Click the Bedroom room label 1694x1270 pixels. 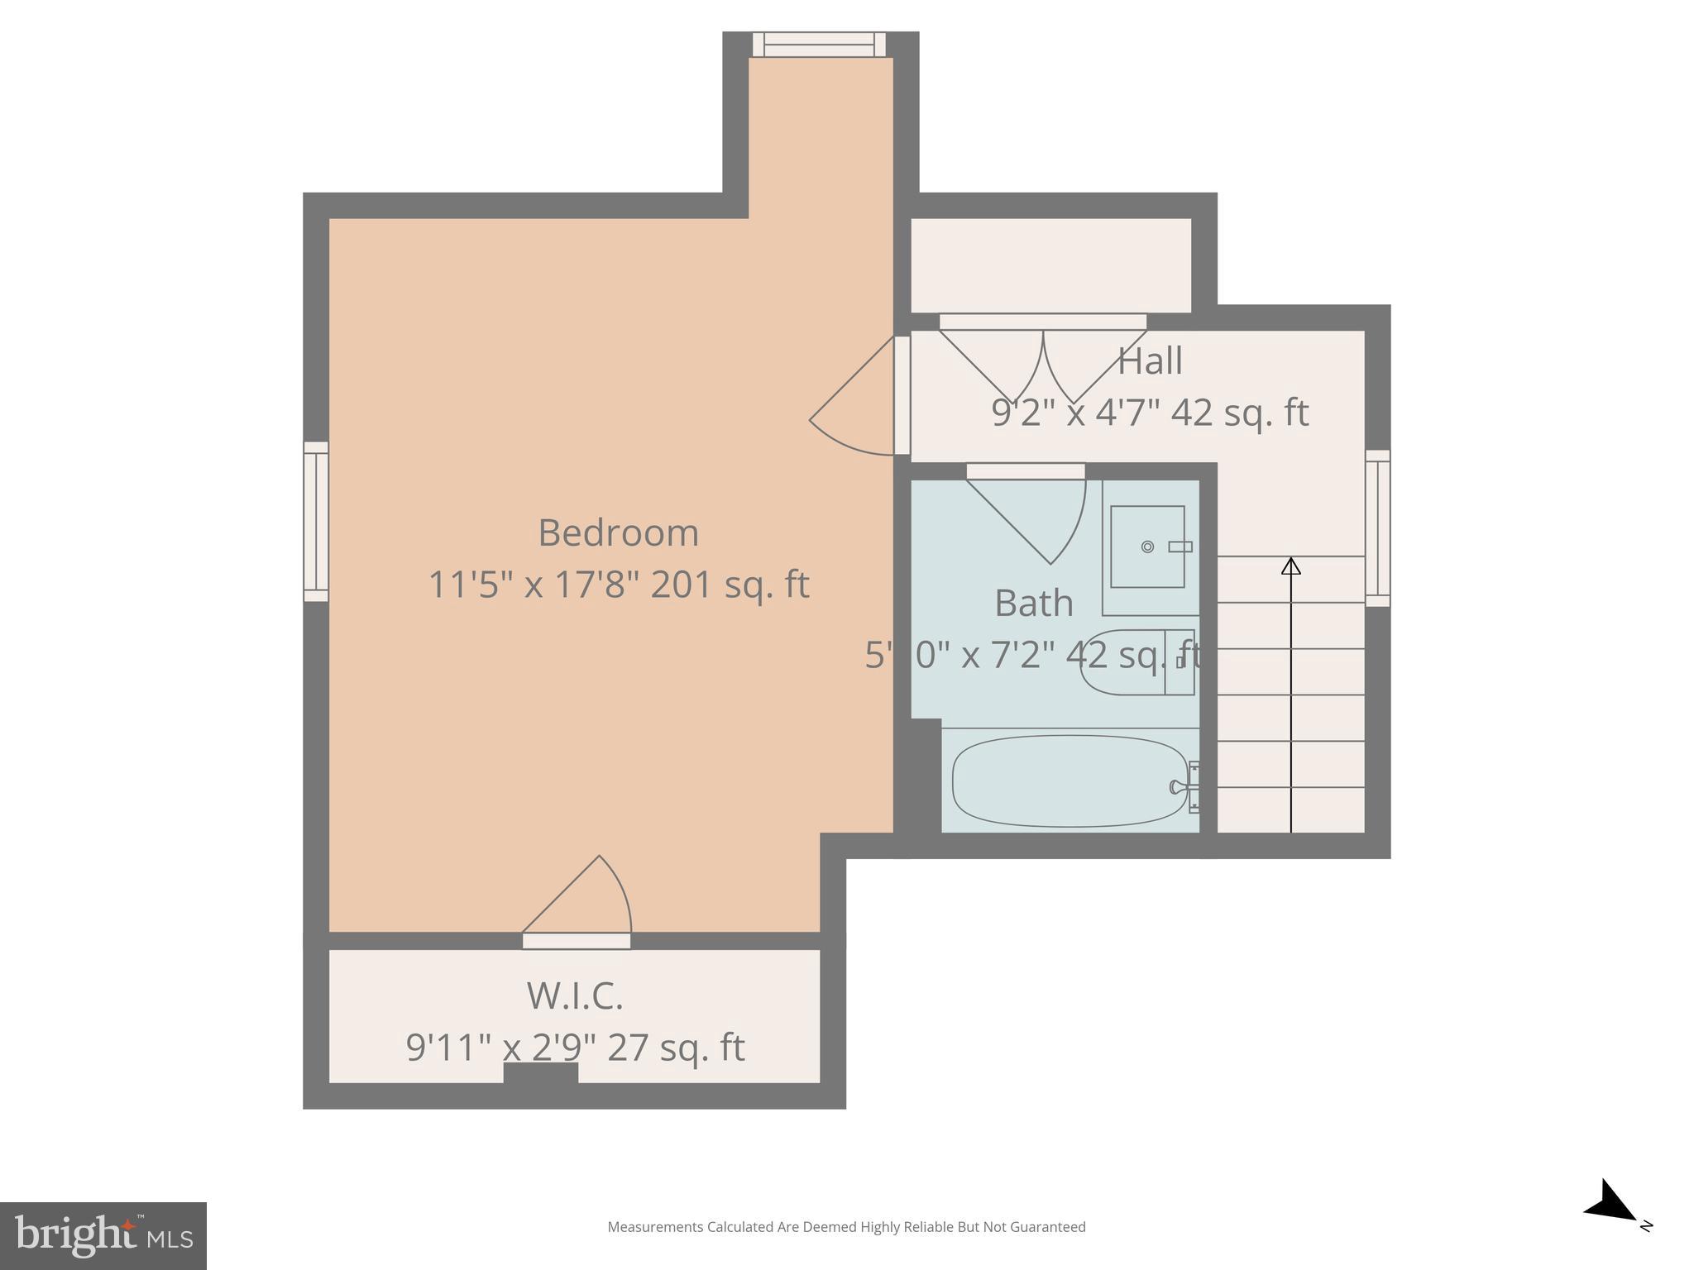coord(618,533)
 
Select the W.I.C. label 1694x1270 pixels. coord(575,995)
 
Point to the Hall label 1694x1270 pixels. coord(1150,361)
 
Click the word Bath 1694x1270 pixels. coord(1033,604)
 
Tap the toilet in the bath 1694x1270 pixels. coord(1137,662)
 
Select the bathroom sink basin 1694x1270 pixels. coord(1146,547)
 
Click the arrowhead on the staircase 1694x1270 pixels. coord(1290,566)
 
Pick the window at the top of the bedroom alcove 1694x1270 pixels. coord(819,45)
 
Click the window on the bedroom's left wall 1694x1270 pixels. coord(316,522)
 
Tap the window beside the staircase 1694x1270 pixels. coord(1377,528)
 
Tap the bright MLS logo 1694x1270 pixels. coord(103,1235)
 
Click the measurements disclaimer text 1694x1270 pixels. coord(846,1227)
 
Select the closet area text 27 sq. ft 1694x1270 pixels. coord(676,1048)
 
